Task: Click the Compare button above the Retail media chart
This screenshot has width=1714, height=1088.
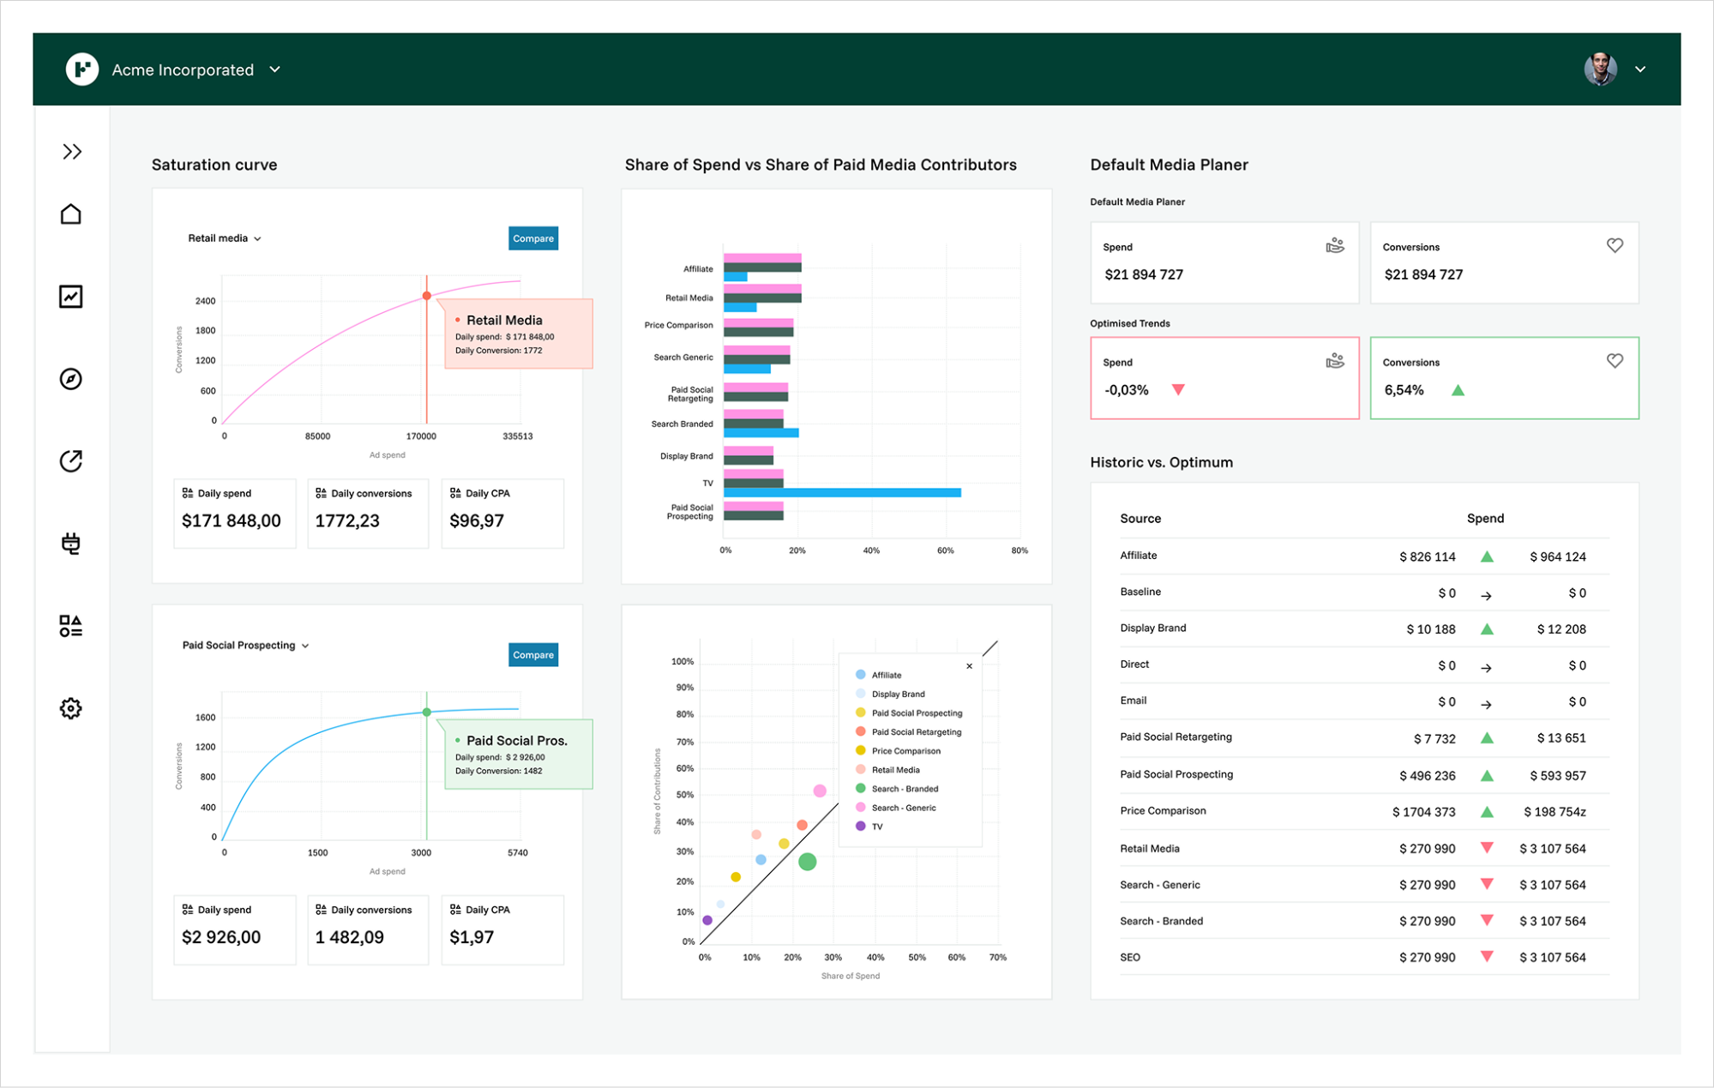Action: [532, 238]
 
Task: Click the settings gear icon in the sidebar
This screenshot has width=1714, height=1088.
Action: [70, 708]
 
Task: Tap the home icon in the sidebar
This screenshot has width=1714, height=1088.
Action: [70, 213]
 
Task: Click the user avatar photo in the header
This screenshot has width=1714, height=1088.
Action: [1600, 69]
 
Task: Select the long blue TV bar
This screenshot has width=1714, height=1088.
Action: [841, 493]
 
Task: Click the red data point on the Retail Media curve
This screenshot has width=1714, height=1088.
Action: [426, 296]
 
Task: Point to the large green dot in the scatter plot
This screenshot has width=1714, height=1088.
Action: [807, 862]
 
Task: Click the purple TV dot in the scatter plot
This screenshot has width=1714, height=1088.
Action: [707, 920]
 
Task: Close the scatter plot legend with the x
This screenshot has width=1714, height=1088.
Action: [969, 666]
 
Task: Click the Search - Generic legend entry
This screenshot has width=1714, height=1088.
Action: [903, 808]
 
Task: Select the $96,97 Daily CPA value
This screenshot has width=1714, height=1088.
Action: [477, 521]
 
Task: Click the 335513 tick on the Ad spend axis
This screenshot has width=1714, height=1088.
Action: [517, 436]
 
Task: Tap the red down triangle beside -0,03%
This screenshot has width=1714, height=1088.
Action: [1178, 390]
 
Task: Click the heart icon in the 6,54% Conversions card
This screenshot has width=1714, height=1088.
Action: [1615, 361]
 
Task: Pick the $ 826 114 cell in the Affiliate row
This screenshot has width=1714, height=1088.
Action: [1427, 557]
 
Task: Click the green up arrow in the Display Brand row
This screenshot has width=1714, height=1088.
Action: [1487, 629]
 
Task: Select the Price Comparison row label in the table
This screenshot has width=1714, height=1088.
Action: [1162, 811]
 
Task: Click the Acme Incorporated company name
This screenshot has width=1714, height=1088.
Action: [183, 69]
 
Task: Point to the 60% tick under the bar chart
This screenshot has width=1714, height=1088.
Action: [945, 550]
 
